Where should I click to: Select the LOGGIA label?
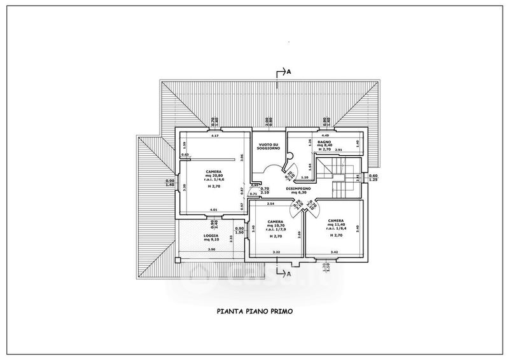point(211,235)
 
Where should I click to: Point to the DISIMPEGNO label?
point(298,189)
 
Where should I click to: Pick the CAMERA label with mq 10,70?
point(275,222)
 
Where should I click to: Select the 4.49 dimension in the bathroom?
point(324,135)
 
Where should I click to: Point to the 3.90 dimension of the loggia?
point(211,249)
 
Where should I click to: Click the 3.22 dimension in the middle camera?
point(275,253)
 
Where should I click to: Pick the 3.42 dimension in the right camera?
point(334,253)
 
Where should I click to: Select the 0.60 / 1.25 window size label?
point(373,177)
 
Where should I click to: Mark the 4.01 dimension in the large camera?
point(213,210)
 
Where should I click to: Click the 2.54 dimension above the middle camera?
point(270,204)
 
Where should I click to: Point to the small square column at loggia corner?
point(180,260)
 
